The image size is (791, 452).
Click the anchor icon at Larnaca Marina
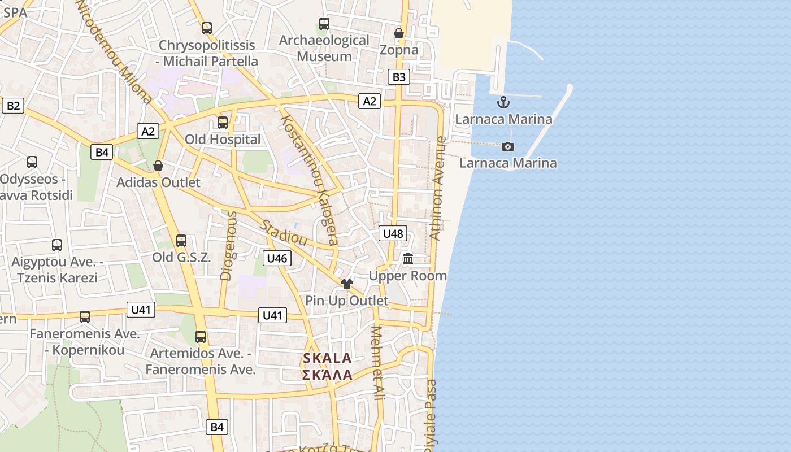[x=503, y=102]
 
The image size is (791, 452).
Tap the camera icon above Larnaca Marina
[x=508, y=146]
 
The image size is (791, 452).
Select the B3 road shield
[x=399, y=77]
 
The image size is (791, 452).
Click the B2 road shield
[x=13, y=105]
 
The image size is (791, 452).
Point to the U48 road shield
[x=393, y=233]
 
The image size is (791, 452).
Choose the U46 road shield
[x=277, y=258]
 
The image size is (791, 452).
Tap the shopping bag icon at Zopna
[x=399, y=33]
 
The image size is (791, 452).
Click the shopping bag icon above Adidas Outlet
[x=158, y=166]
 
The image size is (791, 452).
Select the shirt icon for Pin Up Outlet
[x=347, y=284]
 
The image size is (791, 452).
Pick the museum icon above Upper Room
[x=408, y=259]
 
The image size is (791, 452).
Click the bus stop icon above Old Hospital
[x=223, y=122]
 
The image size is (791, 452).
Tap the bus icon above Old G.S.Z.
[x=181, y=240]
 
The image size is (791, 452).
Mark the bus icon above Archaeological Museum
[x=324, y=24]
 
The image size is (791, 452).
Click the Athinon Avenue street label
[x=438, y=188]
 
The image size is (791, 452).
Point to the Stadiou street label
[x=283, y=233]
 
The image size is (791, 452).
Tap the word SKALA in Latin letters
[x=327, y=358]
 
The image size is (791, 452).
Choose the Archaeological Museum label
[x=324, y=48]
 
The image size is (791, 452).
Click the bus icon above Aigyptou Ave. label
[x=57, y=245]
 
